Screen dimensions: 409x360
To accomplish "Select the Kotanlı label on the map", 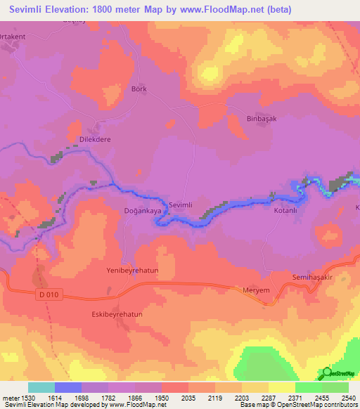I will [286, 210].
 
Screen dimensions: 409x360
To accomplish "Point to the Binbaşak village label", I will [262, 119].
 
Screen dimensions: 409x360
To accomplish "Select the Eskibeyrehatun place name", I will [117, 314].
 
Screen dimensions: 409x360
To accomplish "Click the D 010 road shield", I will [49, 295].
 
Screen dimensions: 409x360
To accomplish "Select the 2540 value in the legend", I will [348, 397].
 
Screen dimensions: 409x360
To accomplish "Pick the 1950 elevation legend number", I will [161, 397].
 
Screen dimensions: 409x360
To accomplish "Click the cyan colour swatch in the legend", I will [41, 387].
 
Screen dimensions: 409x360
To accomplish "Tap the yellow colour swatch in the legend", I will [282, 387].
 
